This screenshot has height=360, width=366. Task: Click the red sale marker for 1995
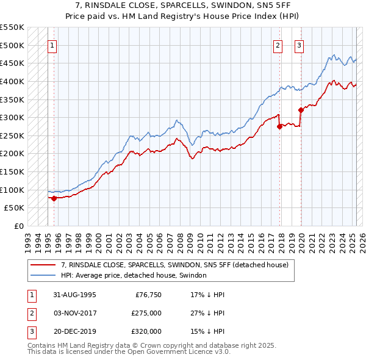[x=54, y=198]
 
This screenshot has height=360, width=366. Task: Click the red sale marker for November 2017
[x=279, y=126]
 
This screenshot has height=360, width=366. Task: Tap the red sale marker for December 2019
[x=301, y=110]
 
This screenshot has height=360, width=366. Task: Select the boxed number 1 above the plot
[x=52, y=45]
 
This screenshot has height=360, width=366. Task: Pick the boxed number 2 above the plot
[x=278, y=45]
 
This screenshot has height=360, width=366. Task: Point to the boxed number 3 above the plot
[x=300, y=45]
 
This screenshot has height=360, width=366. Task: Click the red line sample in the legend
[x=43, y=265]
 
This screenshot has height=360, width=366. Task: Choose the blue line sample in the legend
[x=43, y=275]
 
